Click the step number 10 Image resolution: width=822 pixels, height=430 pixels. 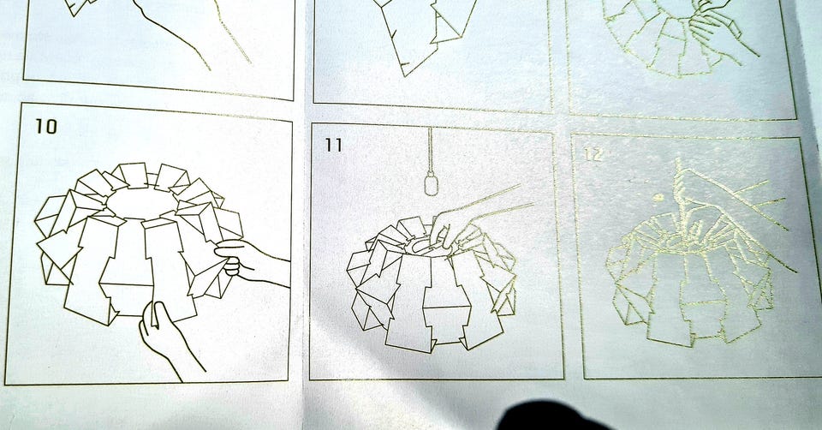[46, 127]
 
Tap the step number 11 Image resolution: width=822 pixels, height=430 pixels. [333, 145]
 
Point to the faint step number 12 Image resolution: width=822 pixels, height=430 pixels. [593, 155]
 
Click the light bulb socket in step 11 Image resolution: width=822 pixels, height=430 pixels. [431, 183]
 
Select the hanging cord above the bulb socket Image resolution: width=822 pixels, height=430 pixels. [430, 149]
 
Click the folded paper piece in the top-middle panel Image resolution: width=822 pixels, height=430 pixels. [425, 32]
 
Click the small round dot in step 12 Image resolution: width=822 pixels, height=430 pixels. [658, 198]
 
